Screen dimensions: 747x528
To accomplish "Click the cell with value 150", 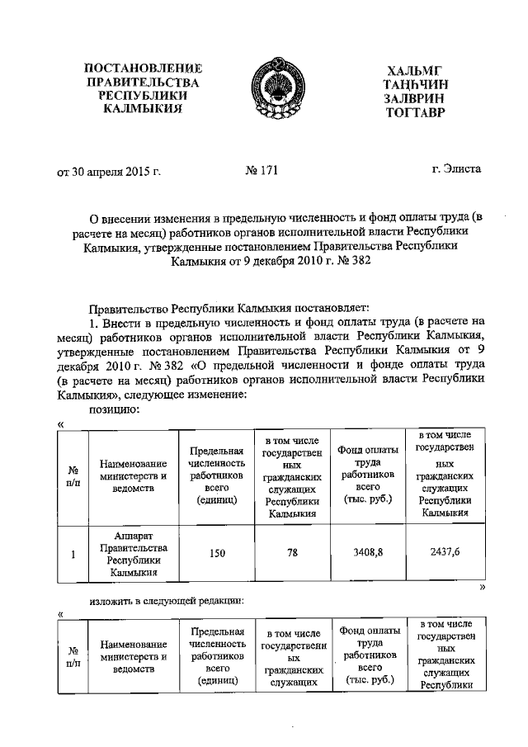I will tap(217, 554).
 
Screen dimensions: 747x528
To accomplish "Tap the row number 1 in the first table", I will tap(73, 555).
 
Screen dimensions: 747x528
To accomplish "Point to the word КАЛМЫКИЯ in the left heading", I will tap(137, 110).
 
